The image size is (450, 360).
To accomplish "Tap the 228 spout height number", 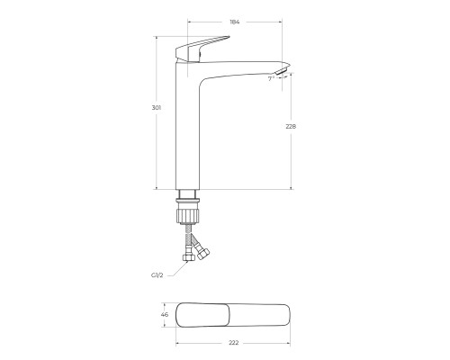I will (x=290, y=126).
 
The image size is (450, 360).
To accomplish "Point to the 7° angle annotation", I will (x=272, y=78).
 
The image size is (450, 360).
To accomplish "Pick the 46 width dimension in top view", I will (x=164, y=315).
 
